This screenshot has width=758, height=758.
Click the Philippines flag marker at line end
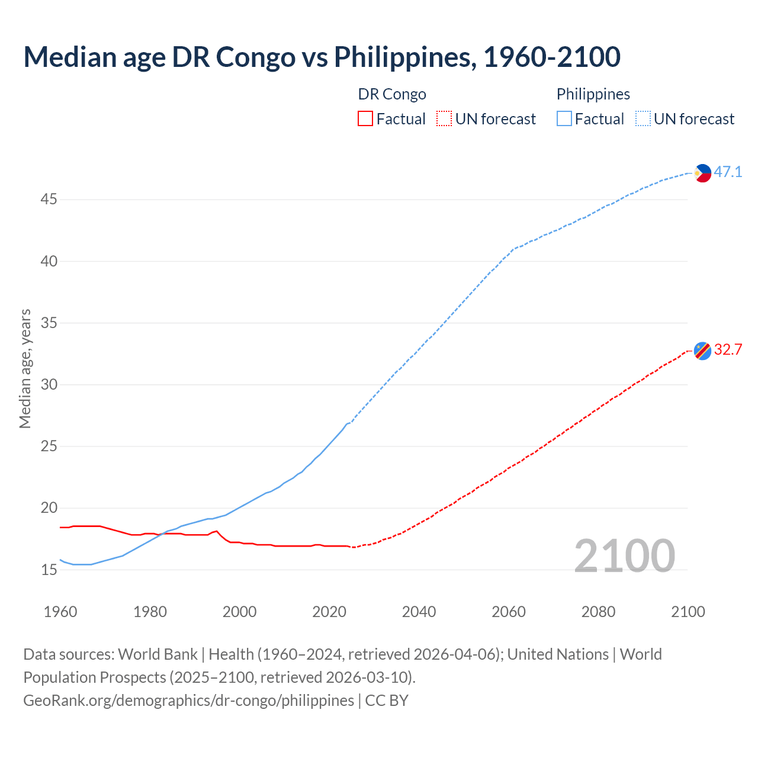click(702, 173)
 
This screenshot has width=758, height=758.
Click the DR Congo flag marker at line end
click(702, 351)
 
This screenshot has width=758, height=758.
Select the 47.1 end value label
click(728, 172)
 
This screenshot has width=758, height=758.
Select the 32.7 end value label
click(728, 350)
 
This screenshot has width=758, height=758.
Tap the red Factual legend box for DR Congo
click(365, 119)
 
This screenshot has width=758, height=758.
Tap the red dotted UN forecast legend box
click(444, 119)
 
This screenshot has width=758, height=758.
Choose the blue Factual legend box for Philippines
click(564, 119)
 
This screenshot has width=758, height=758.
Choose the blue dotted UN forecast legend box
click(643, 119)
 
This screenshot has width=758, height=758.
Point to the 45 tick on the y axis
click(49, 200)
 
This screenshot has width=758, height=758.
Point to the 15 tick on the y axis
click(49, 570)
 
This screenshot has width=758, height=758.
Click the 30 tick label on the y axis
click(49, 385)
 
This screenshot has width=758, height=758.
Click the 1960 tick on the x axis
click(60, 612)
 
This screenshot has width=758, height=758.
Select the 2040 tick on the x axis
click(419, 612)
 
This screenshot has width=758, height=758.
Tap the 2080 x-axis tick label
click(598, 612)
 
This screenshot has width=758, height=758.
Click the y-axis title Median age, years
click(25, 368)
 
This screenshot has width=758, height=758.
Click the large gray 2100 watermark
click(624, 555)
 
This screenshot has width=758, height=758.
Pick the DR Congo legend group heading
click(392, 94)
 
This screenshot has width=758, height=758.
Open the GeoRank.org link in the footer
click(188, 701)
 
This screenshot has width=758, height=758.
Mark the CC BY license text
click(387, 701)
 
